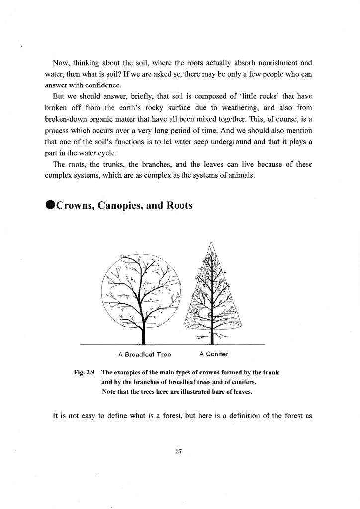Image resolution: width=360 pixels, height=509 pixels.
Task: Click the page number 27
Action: coord(180,451)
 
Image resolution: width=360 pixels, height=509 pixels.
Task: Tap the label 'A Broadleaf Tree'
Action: coord(145,355)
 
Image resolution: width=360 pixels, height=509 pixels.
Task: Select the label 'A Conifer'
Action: coord(213,354)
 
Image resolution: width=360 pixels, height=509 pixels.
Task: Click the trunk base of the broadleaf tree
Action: coord(143,340)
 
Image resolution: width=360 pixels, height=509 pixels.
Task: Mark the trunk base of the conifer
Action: coord(212,340)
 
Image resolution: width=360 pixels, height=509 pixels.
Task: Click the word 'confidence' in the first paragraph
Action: coord(94,85)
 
